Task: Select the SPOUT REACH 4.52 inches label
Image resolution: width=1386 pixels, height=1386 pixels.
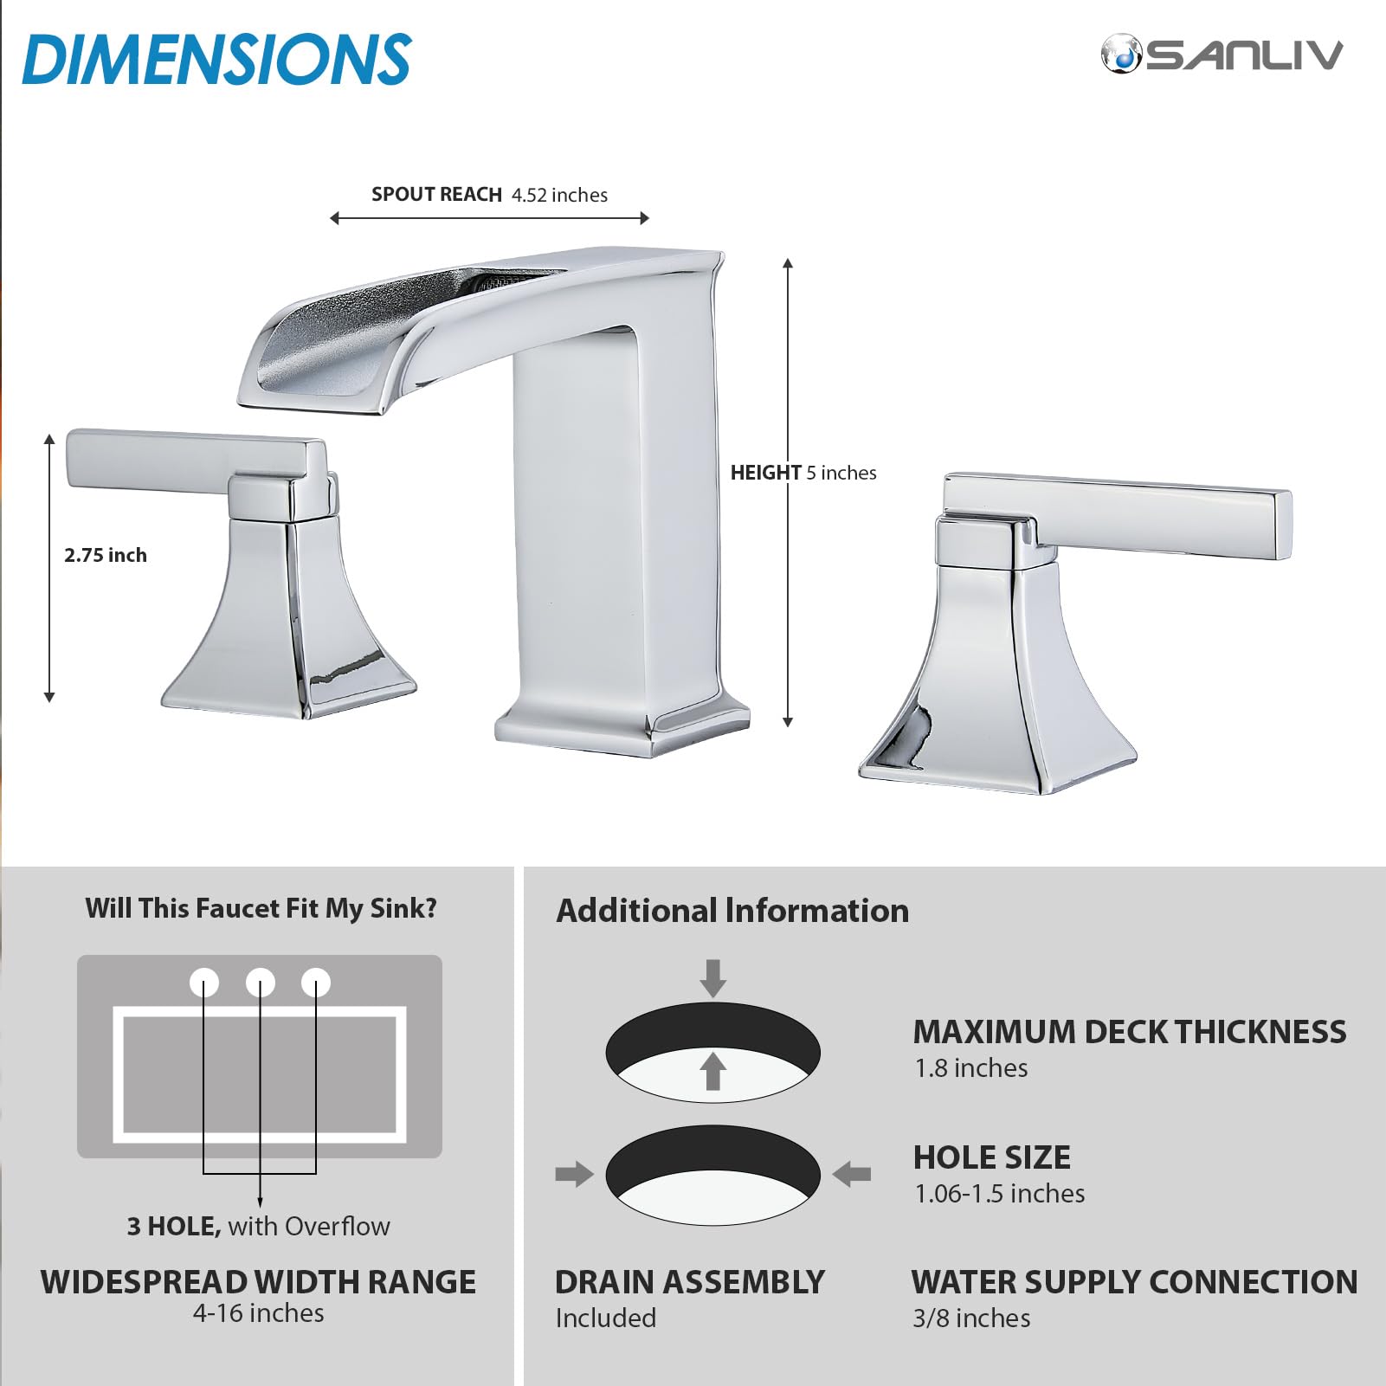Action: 489,195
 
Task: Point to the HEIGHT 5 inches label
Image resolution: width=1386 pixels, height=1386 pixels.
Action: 803,473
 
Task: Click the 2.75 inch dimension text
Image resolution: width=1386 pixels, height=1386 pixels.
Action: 106,555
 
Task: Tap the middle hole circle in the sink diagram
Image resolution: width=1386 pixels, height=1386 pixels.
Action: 260,983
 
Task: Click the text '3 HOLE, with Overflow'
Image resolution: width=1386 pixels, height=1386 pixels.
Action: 258,1226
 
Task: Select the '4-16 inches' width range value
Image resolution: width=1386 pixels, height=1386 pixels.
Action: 258,1313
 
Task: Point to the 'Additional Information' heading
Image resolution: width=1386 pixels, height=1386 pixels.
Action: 732,911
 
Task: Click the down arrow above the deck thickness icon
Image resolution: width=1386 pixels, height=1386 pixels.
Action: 712,977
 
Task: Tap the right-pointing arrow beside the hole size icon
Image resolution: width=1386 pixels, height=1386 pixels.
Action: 574,1175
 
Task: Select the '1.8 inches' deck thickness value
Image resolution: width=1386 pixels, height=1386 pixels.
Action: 971,1068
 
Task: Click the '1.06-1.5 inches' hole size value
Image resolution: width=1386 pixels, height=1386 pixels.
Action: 999,1194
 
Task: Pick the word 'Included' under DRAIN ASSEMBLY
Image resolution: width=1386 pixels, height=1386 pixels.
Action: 606,1318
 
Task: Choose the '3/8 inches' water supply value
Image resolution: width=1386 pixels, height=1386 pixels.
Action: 971,1318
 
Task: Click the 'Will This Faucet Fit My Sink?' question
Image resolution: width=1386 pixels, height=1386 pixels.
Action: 261,908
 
